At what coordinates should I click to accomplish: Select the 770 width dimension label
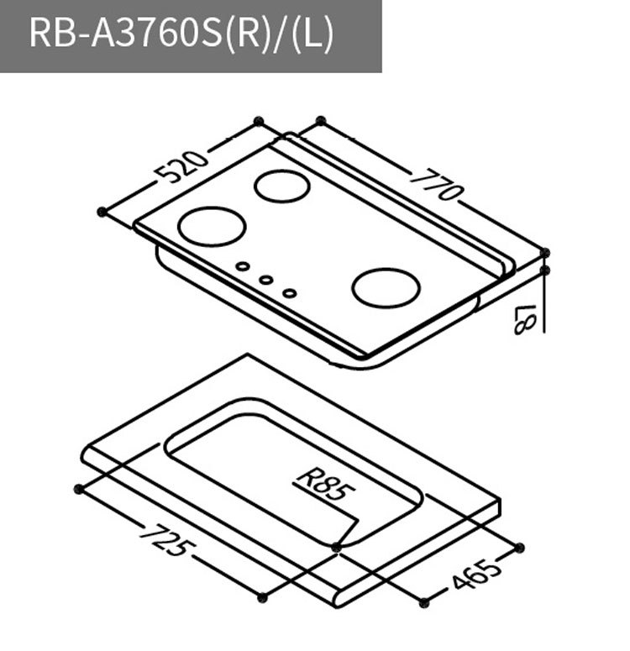437,185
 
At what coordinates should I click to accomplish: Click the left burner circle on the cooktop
213,227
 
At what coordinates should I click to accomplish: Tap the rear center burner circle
281,186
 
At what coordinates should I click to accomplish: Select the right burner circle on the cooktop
386,288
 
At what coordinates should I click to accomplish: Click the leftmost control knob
242,267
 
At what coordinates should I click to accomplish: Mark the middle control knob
265,280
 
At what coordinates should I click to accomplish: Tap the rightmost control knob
289,293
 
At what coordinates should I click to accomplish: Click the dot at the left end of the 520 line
102,211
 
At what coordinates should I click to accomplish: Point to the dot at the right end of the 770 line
545,252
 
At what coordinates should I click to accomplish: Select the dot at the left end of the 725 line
78,489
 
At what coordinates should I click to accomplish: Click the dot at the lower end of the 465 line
423,601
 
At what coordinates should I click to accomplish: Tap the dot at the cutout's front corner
337,547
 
